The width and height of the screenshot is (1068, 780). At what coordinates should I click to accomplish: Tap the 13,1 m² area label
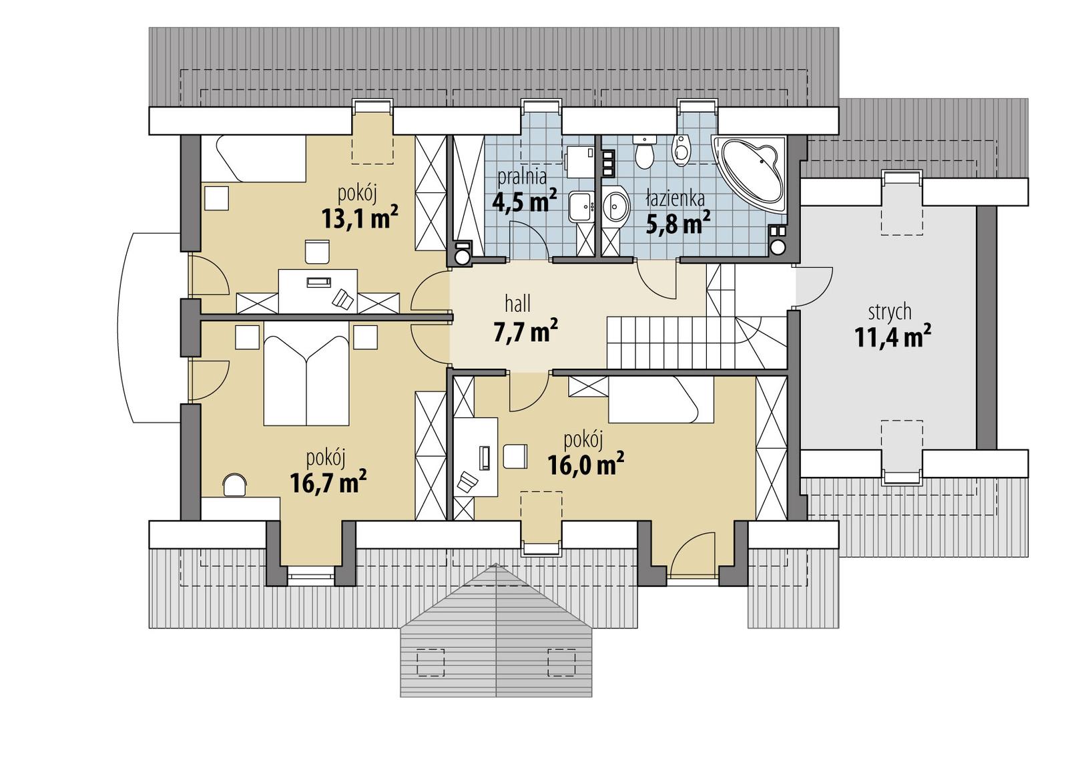(360, 218)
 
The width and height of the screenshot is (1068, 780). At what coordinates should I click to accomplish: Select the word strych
(889, 312)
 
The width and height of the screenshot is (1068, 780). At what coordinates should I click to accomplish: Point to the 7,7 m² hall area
(525, 331)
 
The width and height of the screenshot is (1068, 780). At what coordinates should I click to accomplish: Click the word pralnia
(522, 177)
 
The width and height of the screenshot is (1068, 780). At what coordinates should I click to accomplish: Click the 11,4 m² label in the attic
(892, 337)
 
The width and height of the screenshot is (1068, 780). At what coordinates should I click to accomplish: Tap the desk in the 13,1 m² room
(318, 290)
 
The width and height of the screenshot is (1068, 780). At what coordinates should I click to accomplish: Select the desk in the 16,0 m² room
(476, 457)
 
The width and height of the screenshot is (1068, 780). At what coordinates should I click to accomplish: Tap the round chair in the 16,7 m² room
(234, 484)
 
